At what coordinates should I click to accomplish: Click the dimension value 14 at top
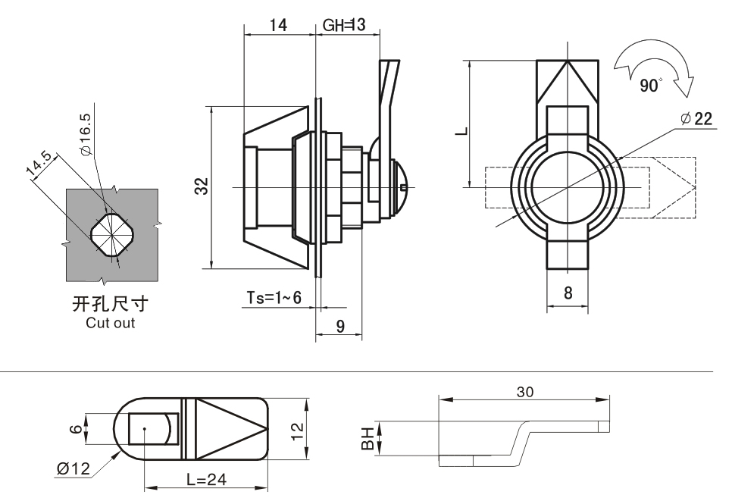(278, 25)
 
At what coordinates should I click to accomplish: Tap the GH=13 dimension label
(345, 25)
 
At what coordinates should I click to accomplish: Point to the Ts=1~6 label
(274, 298)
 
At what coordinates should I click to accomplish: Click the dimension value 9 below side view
(340, 326)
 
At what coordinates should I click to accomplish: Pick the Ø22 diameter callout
(697, 119)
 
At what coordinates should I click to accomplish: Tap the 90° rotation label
(650, 85)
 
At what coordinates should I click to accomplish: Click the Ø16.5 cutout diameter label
(85, 135)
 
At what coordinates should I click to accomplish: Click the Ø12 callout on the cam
(73, 468)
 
